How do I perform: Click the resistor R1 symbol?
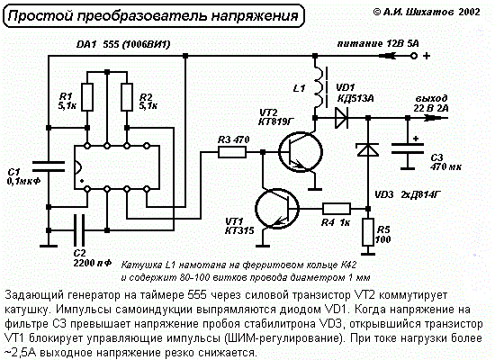[x=87, y=97]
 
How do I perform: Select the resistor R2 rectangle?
[x=127, y=97]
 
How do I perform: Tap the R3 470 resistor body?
[x=232, y=152]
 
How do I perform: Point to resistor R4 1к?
[x=337, y=209]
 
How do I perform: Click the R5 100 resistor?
[x=368, y=232]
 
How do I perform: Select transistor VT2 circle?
[x=301, y=152]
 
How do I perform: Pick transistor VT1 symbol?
[x=277, y=209]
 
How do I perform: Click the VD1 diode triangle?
[x=341, y=118]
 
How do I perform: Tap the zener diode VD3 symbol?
[x=368, y=149]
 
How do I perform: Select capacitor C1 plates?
[x=49, y=166]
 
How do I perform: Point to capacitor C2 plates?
[x=79, y=230]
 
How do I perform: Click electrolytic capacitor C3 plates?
[x=408, y=148]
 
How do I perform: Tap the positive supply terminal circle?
[x=414, y=56]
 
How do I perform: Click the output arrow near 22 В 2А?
[x=435, y=118]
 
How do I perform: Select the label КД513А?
[x=355, y=99]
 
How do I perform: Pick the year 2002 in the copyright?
[x=469, y=12]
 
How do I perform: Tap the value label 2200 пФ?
[x=93, y=263]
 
